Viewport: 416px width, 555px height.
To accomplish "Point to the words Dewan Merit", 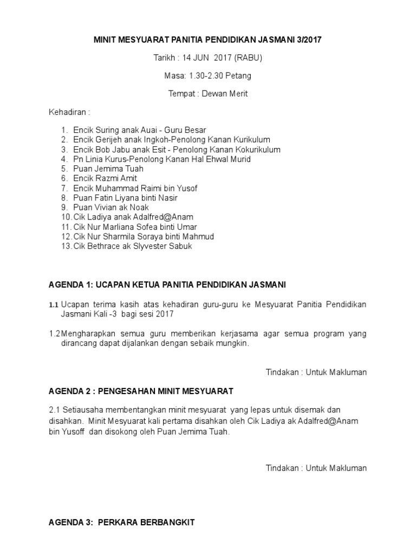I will [225, 93].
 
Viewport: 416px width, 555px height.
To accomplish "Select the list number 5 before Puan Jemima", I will [64, 169].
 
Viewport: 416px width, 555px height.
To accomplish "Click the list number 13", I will [66, 246].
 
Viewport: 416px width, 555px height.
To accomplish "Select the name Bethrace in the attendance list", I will [104, 246].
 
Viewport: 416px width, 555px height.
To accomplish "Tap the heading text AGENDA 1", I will [66, 285].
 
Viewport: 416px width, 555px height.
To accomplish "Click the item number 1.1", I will [54, 305].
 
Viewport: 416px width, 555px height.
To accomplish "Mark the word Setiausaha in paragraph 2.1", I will [82, 410].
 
